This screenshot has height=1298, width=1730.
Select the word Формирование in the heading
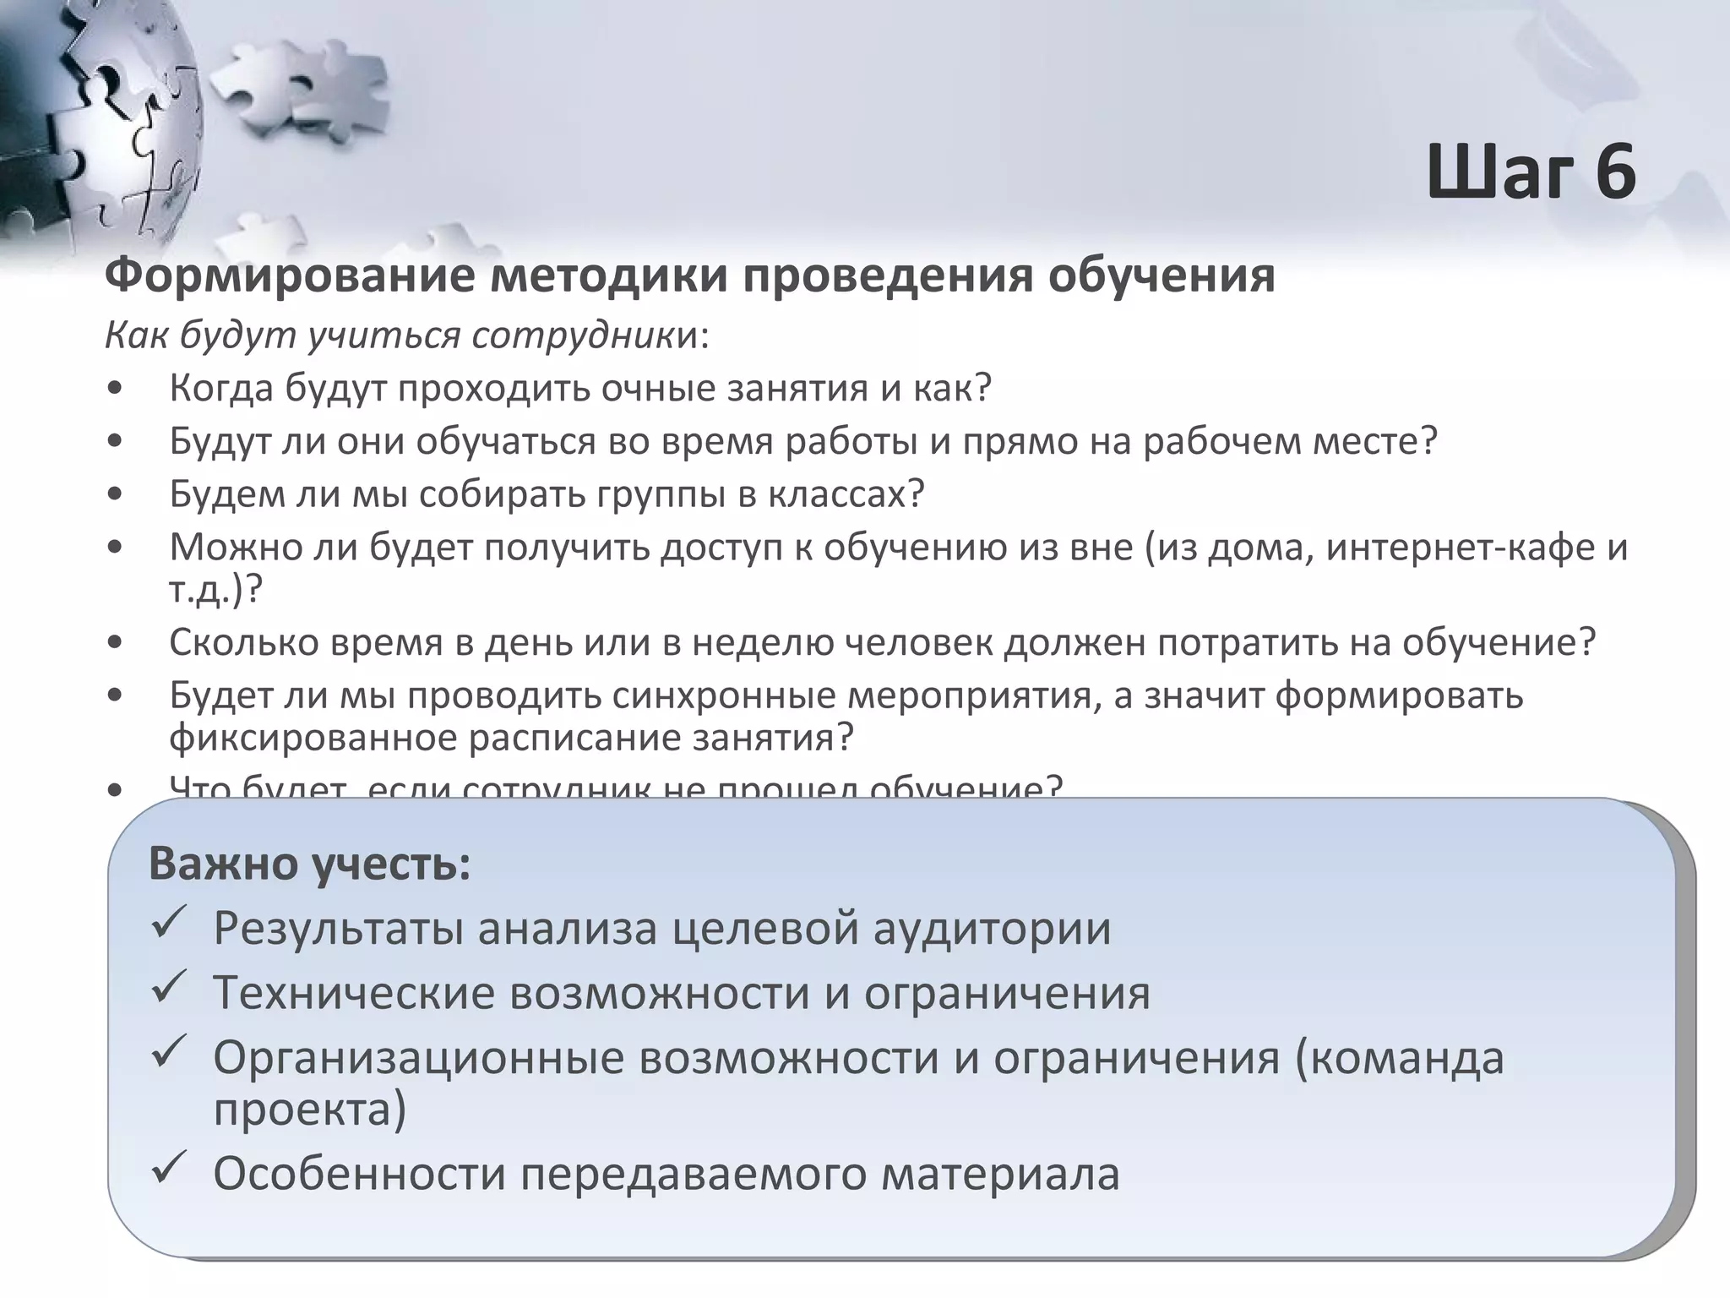[x=287, y=275]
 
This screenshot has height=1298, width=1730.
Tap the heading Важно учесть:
[x=309, y=864]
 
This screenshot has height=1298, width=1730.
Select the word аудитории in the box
[x=992, y=929]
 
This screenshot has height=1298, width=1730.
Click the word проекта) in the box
[x=309, y=1110]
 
